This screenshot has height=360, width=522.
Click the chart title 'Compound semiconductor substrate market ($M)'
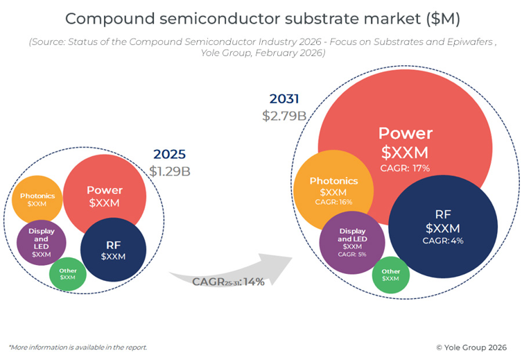coord(261,18)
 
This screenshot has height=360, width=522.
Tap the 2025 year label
coord(169,154)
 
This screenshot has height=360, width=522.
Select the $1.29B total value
coord(170,170)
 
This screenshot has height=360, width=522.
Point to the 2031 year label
coord(284,99)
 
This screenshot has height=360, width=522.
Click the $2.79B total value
coord(284,115)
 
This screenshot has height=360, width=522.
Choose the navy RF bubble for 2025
coord(113,250)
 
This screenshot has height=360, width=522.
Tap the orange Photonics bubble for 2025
coord(37,200)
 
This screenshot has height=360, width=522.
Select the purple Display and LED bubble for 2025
coord(41,242)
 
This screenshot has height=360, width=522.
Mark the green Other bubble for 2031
coord(391,275)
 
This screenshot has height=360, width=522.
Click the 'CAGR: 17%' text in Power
coord(405,168)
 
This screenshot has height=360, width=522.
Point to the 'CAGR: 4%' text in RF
coord(443,241)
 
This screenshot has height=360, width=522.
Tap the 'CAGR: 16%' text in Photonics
coord(333,202)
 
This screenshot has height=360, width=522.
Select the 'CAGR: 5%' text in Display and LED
coord(352,255)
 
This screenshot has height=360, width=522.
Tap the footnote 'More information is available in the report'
coord(78,347)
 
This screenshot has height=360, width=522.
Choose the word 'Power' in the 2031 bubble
coord(405,133)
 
